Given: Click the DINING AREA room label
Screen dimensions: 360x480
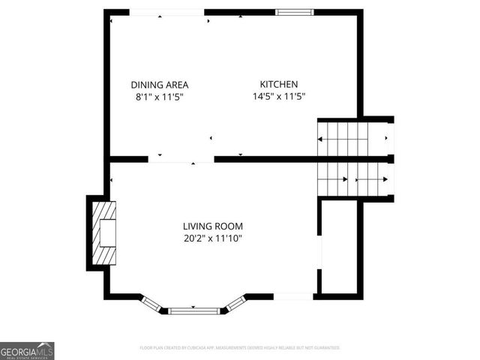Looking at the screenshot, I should [159, 85].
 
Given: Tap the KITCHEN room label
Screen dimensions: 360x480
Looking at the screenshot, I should [279, 85].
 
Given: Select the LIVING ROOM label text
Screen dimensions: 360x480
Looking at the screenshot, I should [213, 226].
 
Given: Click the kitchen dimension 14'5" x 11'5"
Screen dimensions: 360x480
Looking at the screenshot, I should [279, 97].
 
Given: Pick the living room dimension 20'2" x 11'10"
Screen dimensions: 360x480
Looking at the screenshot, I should [213, 238].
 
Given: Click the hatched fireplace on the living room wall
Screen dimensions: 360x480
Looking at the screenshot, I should [100, 234].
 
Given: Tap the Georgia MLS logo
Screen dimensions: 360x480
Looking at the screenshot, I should [27, 350].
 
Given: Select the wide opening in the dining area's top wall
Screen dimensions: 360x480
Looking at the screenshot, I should [166, 13].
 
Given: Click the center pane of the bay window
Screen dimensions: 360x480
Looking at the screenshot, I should [193, 310].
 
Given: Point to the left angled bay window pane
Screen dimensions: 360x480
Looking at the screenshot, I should [152, 303].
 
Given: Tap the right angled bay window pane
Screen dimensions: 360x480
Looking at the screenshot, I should [235, 303].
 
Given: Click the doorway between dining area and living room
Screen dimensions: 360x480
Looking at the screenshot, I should [181, 159].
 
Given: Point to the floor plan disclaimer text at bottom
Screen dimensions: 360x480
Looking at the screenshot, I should [240, 348].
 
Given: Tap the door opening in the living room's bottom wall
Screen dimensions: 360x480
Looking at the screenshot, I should [293, 297].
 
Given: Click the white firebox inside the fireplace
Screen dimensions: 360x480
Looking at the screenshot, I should [108, 234].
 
